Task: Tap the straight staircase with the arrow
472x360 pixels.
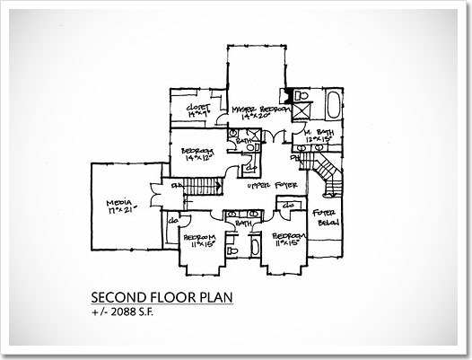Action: pyautogui.click(x=204, y=186)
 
